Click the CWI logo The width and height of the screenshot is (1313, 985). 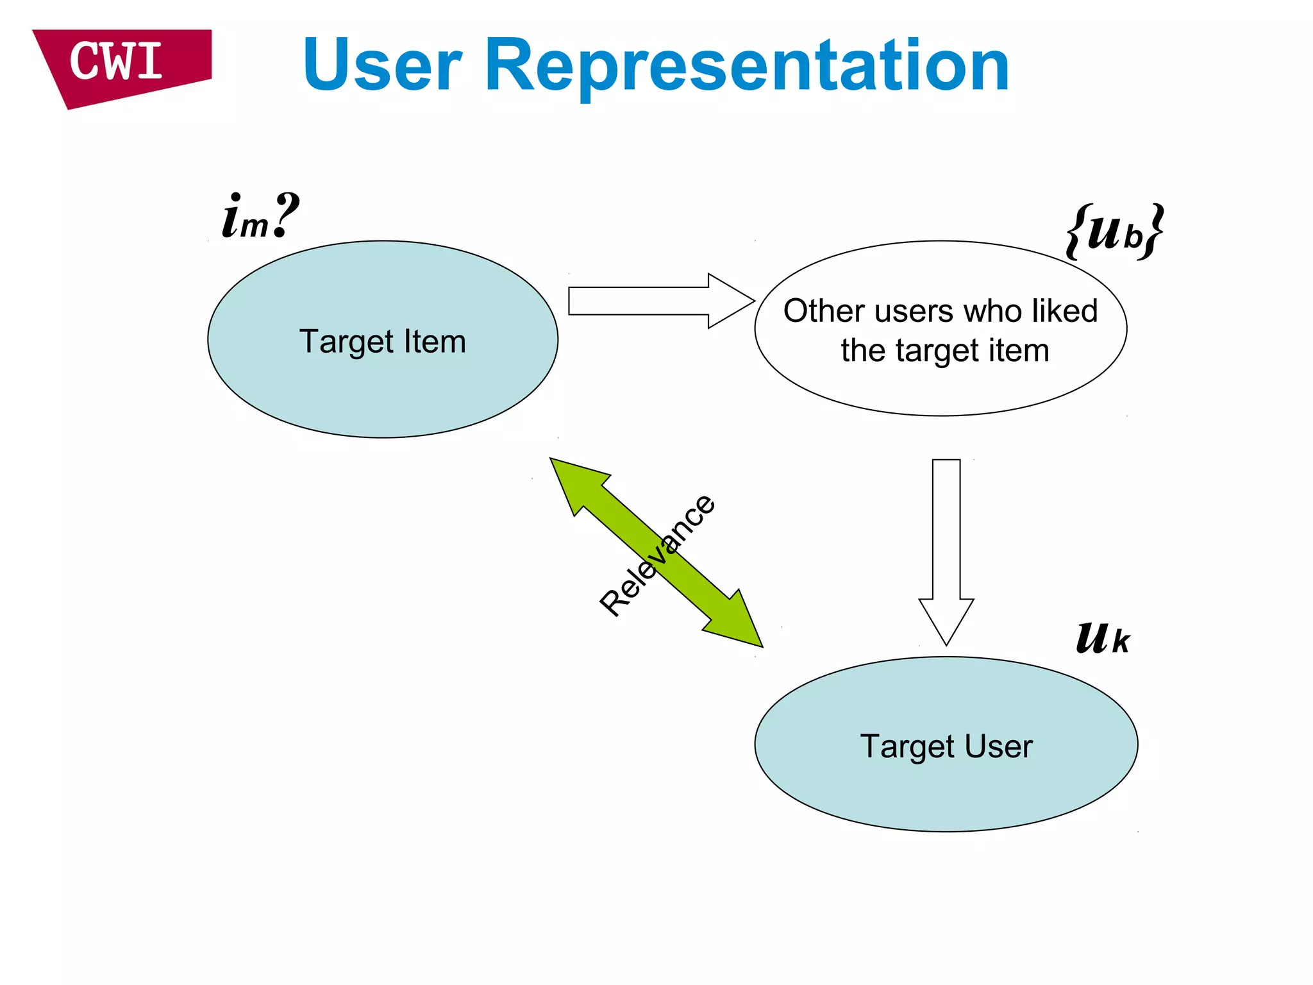[x=119, y=64]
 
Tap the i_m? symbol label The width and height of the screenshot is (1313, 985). [x=260, y=217]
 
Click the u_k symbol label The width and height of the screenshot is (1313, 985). [x=1103, y=639]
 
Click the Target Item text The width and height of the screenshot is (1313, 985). [x=383, y=341]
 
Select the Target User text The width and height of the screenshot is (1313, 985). [x=946, y=746]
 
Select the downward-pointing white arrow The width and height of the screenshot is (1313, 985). [x=946, y=545]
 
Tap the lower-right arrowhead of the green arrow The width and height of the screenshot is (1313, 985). [x=737, y=622]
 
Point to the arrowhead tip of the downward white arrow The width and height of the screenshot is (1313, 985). [x=946, y=643]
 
